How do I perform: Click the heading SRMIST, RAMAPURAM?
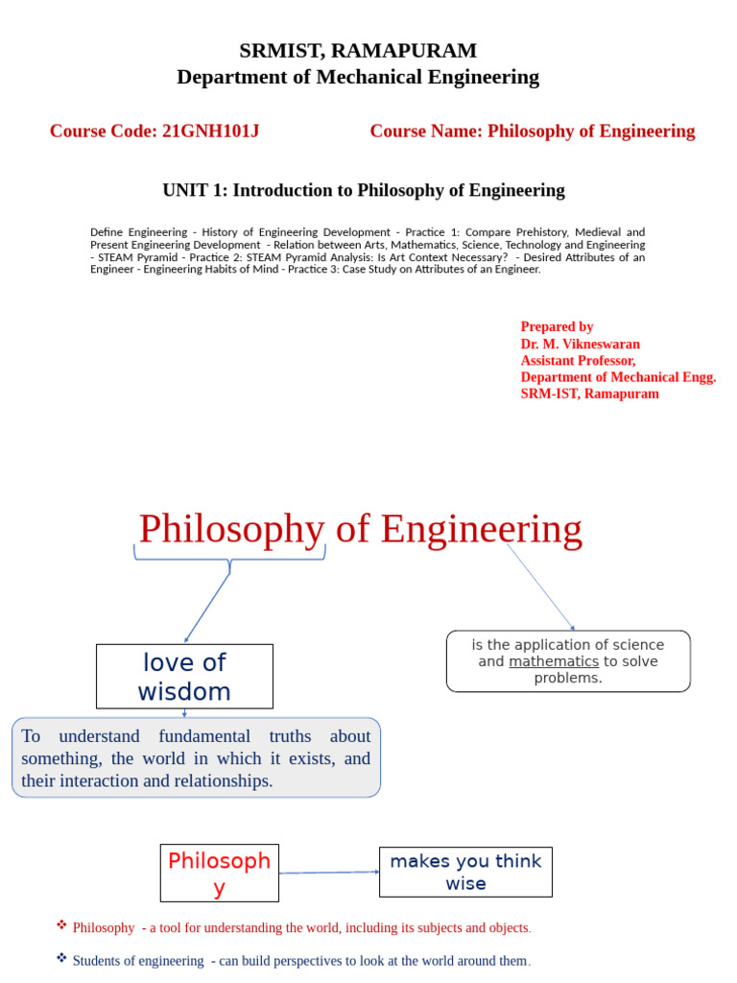click(358, 51)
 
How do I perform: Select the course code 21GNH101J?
click(210, 132)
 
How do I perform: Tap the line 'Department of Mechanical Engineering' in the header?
click(358, 78)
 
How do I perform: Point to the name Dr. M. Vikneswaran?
click(580, 344)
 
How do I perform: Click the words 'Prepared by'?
click(557, 326)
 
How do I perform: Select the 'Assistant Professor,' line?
click(578, 360)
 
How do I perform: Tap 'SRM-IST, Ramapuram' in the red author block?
click(589, 394)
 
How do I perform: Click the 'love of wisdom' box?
click(184, 677)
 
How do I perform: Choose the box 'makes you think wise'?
click(465, 872)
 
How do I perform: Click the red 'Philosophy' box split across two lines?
click(219, 873)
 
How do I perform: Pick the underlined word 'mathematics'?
click(554, 661)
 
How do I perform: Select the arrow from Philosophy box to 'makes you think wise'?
click(328, 873)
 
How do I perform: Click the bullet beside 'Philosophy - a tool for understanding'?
click(61, 925)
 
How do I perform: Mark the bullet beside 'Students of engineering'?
click(61, 958)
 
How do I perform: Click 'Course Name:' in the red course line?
click(426, 132)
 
